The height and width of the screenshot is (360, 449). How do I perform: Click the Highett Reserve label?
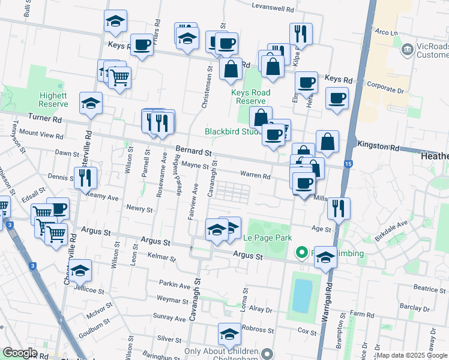pos(53,100)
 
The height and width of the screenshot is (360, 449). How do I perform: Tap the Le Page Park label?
pos(267,238)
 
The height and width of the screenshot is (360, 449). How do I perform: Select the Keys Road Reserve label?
pos(250,97)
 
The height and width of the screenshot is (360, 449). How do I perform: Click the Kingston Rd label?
pos(378,146)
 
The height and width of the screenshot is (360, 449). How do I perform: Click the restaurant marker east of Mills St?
pos(339,209)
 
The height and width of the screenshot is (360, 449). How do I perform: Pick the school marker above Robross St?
pos(229,334)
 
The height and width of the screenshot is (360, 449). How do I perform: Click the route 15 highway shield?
pos(348,164)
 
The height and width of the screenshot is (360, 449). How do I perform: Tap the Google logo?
pos(20,353)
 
